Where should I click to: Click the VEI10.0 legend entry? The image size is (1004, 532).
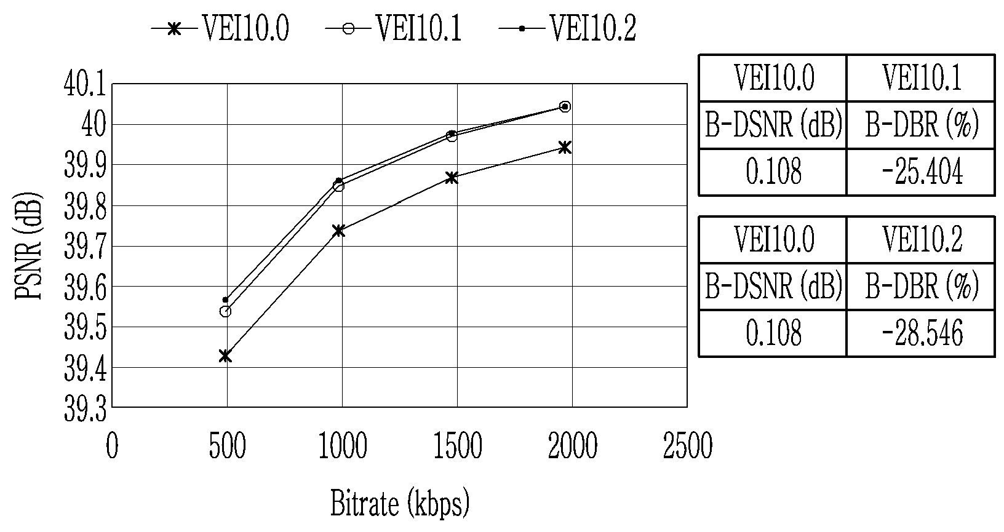click(220, 28)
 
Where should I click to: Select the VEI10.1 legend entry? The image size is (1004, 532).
click(394, 28)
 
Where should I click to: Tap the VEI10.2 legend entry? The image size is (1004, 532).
click(567, 28)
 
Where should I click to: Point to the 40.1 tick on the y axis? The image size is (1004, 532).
click(85, 84)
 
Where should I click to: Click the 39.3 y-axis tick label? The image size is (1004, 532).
click(85, 409)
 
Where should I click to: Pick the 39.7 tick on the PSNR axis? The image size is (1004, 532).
click(85, 247)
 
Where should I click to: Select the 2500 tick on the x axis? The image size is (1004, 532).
click(688, 445)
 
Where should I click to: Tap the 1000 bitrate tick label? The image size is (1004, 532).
click(343, 445)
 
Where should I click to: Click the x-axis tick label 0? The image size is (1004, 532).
click(112, 445)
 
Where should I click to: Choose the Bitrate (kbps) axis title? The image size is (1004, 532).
click(400, 503)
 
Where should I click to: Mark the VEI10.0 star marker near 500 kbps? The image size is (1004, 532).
click(225, 356)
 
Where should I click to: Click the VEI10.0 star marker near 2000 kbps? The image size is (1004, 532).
click(565, 148)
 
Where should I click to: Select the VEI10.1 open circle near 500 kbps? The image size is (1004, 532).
click(225, 311)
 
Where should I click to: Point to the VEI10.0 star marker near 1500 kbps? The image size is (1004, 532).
click(452, 178)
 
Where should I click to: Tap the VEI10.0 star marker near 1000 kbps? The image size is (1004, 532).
click(339, 231)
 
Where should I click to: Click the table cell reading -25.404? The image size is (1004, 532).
click(920, 172)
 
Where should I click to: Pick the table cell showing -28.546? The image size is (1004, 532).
click(920, 333)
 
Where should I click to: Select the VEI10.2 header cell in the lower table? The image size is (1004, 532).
click(920, 240)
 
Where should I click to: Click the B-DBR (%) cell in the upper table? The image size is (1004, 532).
click(920, 125)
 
